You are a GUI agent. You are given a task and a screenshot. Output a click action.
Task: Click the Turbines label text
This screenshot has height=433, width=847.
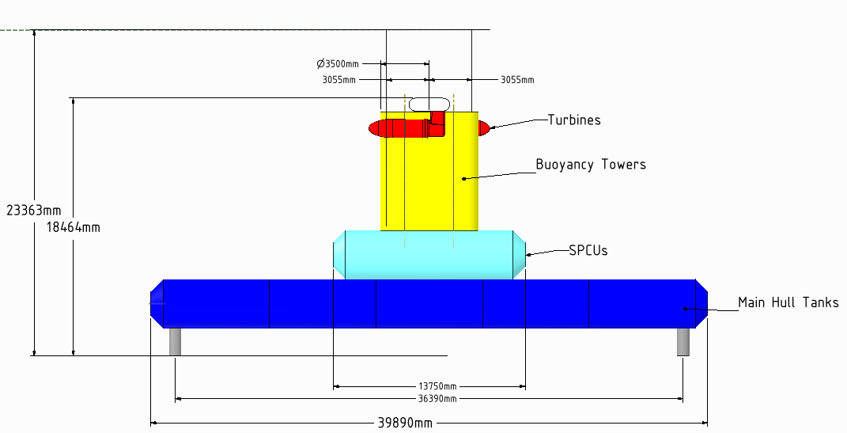[x=574, y=120]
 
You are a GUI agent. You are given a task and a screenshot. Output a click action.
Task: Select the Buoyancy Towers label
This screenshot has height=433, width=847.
[x=591, y=165]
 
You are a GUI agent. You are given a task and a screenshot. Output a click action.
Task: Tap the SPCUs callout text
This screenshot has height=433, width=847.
[x=588, y=250]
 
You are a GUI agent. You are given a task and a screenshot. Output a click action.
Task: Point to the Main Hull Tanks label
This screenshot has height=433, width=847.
[x=788, y=302]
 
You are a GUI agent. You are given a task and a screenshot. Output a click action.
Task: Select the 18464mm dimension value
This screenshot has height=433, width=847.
[x=68, y=227]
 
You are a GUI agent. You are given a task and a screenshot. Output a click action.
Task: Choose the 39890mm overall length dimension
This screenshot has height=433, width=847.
[x=404, y=423]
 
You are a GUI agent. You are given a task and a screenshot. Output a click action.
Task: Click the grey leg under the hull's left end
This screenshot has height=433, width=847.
[x=175, y=341]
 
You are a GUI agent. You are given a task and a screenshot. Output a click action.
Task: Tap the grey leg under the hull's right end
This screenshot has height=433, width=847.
[x=683, y=341]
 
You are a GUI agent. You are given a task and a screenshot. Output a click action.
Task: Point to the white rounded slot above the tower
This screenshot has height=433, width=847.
[x=429, y=104]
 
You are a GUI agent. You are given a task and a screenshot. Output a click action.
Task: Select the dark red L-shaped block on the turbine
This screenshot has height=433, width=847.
[x=437, y=120]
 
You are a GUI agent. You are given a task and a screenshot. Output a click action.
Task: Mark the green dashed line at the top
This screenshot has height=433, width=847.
[x=16, y=30]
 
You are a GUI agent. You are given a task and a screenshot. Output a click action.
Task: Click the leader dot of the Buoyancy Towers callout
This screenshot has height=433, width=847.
[x=464, y=178]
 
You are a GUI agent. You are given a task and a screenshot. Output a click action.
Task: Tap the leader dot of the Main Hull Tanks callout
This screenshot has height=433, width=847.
[x=684, y=309]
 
